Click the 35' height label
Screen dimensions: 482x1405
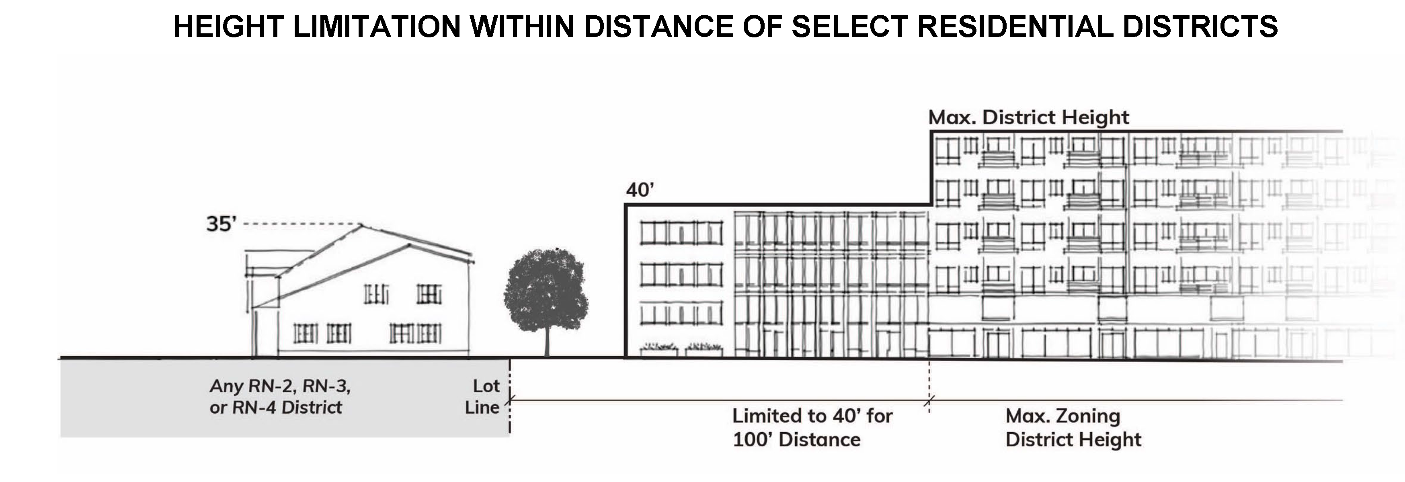click(221, 224)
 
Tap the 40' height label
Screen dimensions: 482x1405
click(640, 190)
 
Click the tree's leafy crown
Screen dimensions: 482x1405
click(546, 289)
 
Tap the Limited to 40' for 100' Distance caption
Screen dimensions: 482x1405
click(812, 427)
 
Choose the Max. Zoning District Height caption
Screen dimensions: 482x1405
click(1073, 427)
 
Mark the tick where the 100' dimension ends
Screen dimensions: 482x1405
click(929, 401)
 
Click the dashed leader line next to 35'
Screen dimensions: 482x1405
click(300, 224)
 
